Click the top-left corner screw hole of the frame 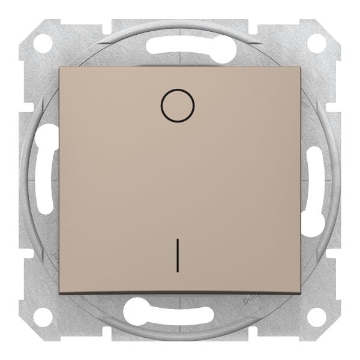43,43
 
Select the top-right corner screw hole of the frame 316,43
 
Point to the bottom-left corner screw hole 43,316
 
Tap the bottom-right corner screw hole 316,316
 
